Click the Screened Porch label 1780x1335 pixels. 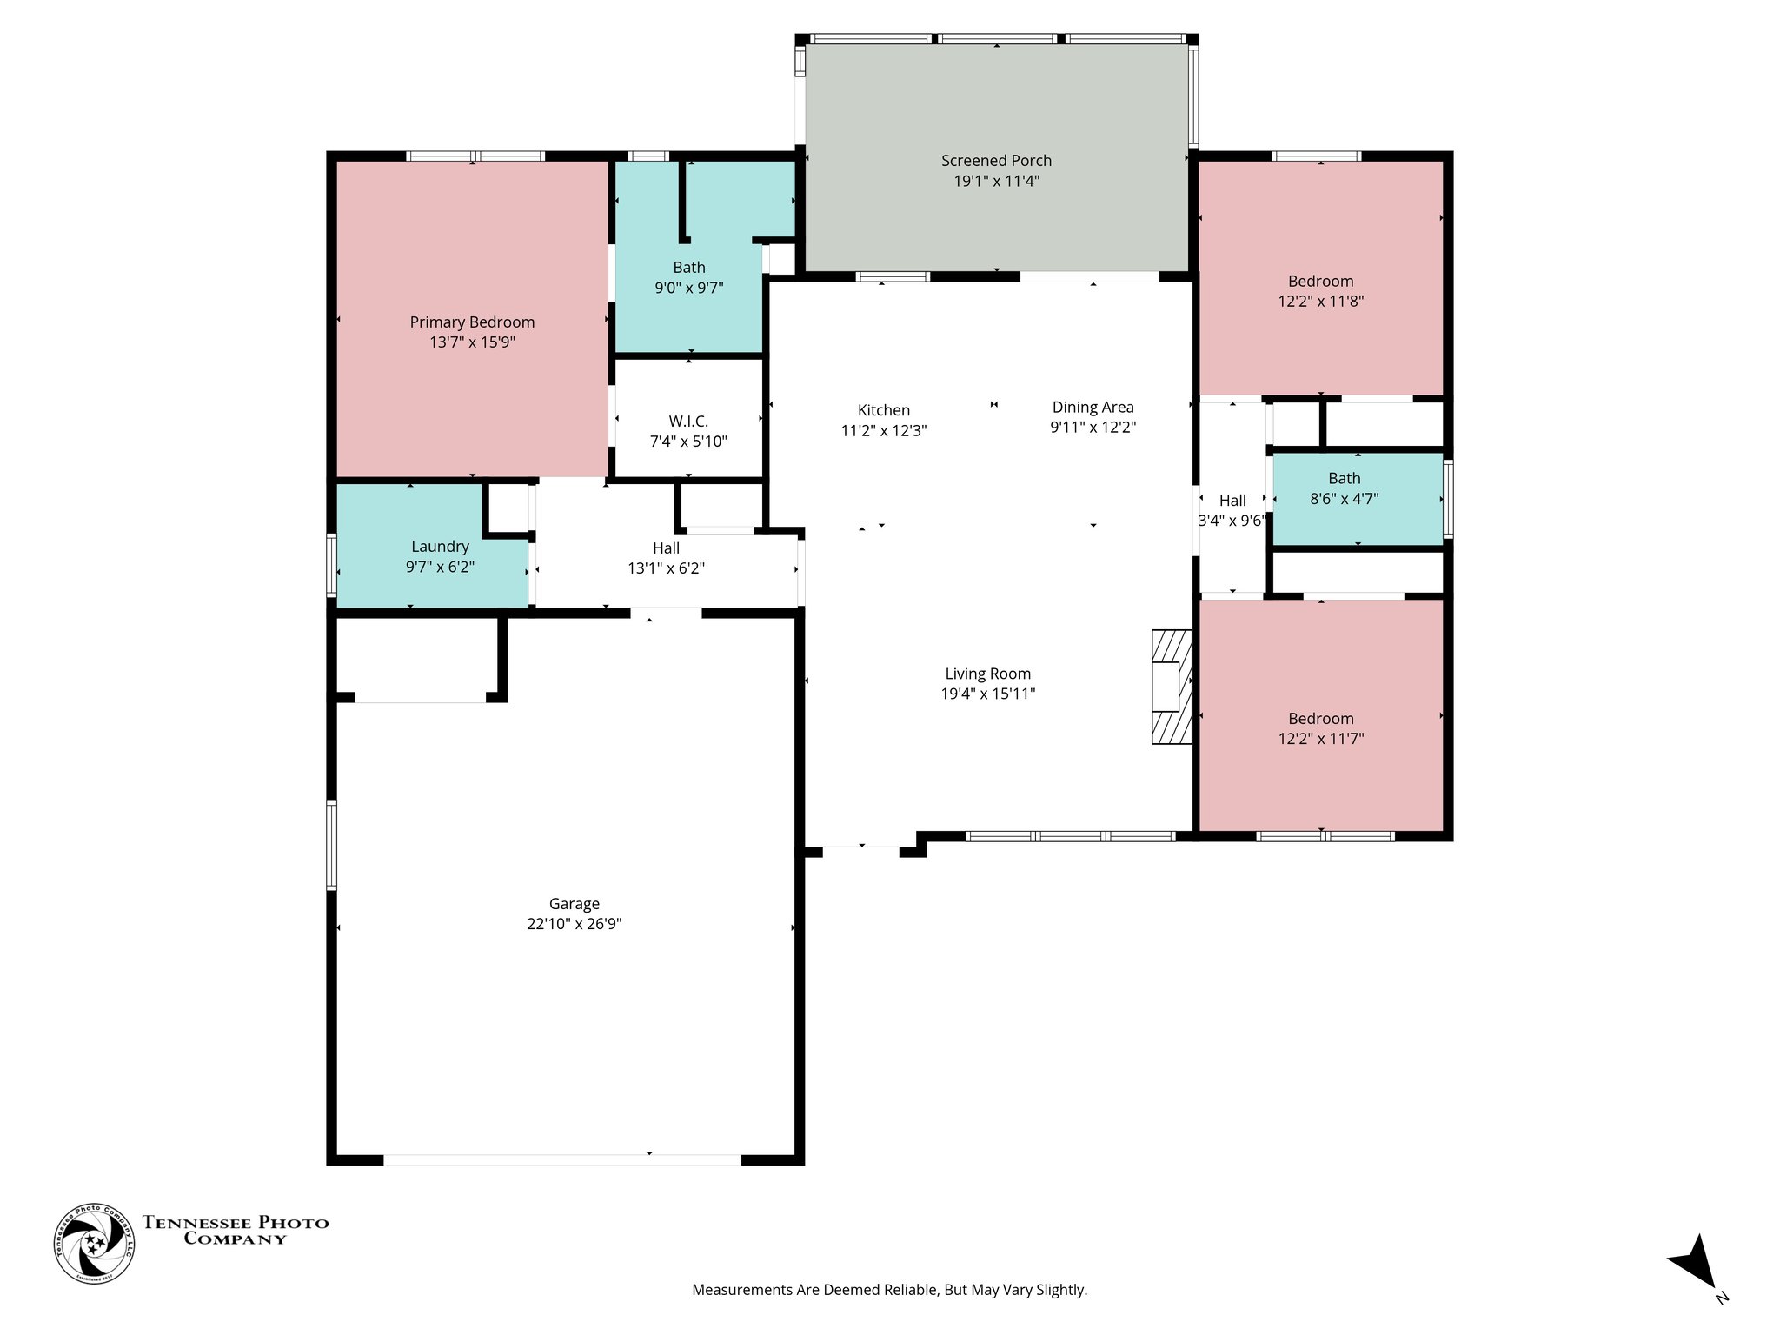pos(996,161)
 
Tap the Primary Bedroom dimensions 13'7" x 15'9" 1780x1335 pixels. pos(472,342)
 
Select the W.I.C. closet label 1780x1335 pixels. pos(688,422)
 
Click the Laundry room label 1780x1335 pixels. pos(440,547)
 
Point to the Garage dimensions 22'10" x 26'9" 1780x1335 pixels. pos(574,924)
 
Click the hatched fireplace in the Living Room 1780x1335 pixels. pos(1171,687)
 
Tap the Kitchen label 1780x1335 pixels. pos(883,410)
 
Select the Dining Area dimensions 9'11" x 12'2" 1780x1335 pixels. pos(1093,428)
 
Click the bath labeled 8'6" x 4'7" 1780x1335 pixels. pos(1344,488)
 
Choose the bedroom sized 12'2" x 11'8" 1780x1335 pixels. pos(1320,291)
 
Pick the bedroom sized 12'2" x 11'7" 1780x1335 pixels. pos(1320,728)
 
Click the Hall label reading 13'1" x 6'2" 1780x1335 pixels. pos(666,548)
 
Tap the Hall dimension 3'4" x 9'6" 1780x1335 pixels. pos(1232,521)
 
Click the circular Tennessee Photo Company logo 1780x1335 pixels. pos(94,1244)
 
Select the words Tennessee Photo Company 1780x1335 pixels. pos(236,1231)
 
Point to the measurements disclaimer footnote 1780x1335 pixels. pos(889,1290)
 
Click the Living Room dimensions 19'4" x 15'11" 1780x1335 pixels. pos(987,694)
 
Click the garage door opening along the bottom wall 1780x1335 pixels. pos(562,1159)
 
